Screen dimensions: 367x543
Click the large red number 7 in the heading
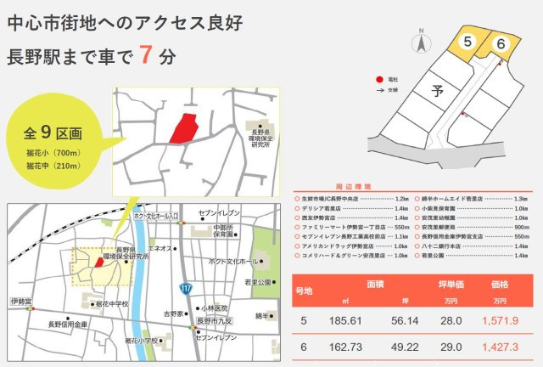(146, 55)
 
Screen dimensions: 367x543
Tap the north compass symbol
(419, 41)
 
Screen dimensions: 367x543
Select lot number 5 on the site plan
(467, 41)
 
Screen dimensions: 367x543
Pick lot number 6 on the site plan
(501, 43)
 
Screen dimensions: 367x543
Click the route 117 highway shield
(186, 288)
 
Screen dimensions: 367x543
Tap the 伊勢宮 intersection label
(20, 302)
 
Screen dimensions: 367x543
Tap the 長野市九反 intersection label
(215, 321)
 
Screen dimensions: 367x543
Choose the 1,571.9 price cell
(499, 321)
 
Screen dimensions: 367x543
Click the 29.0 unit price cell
(450, 347)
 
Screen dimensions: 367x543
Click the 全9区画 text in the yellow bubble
(53, 133)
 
